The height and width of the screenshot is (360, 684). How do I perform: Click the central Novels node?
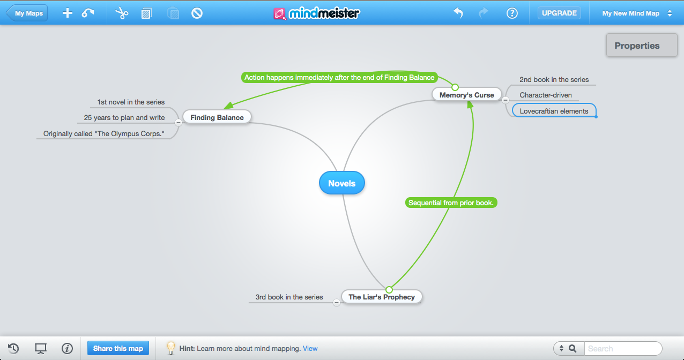point(341,183)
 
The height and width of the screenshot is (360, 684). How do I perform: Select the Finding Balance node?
point(217,117)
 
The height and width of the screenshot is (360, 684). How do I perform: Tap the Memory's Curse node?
point(466,95)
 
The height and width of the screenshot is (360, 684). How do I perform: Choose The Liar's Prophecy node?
point(381,297)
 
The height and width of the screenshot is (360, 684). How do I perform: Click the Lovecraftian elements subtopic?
point(554,111)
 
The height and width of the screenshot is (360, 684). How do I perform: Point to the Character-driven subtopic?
point(545,95)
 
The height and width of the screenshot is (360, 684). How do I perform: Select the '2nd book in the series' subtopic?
point(554,80)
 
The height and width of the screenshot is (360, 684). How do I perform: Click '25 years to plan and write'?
point(124,118)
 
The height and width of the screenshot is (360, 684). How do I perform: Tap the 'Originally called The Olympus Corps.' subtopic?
point(104,134)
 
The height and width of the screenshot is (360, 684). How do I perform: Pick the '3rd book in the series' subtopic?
point(289,297)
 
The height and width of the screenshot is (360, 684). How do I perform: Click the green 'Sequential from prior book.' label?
point(451,203)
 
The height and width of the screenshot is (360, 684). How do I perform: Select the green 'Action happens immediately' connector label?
point(339,78)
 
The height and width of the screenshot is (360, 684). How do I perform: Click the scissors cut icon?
point(122,13)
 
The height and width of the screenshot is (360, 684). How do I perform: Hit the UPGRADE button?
point(559,13)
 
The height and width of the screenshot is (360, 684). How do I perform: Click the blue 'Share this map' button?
point(118,348)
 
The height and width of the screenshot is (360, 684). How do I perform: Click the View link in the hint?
point(310,348)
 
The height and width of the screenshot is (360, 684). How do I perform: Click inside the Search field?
point(622,348)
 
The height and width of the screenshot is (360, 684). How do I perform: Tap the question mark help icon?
point(512,13)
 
